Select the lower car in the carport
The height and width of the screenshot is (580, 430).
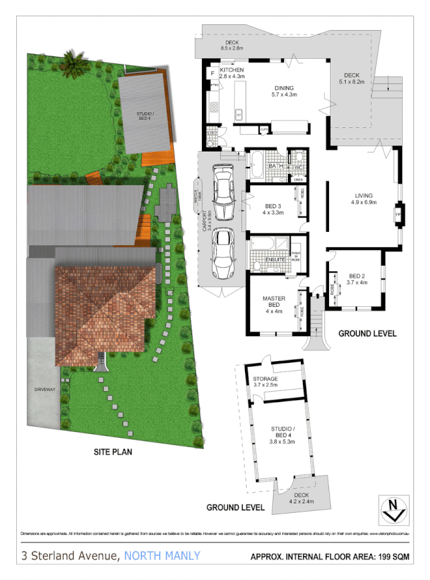pos(223,253)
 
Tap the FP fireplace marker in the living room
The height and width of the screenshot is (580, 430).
pos(397,214)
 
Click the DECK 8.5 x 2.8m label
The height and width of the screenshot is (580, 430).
pos(232,45)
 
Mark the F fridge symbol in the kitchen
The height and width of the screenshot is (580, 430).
pos(212,73)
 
